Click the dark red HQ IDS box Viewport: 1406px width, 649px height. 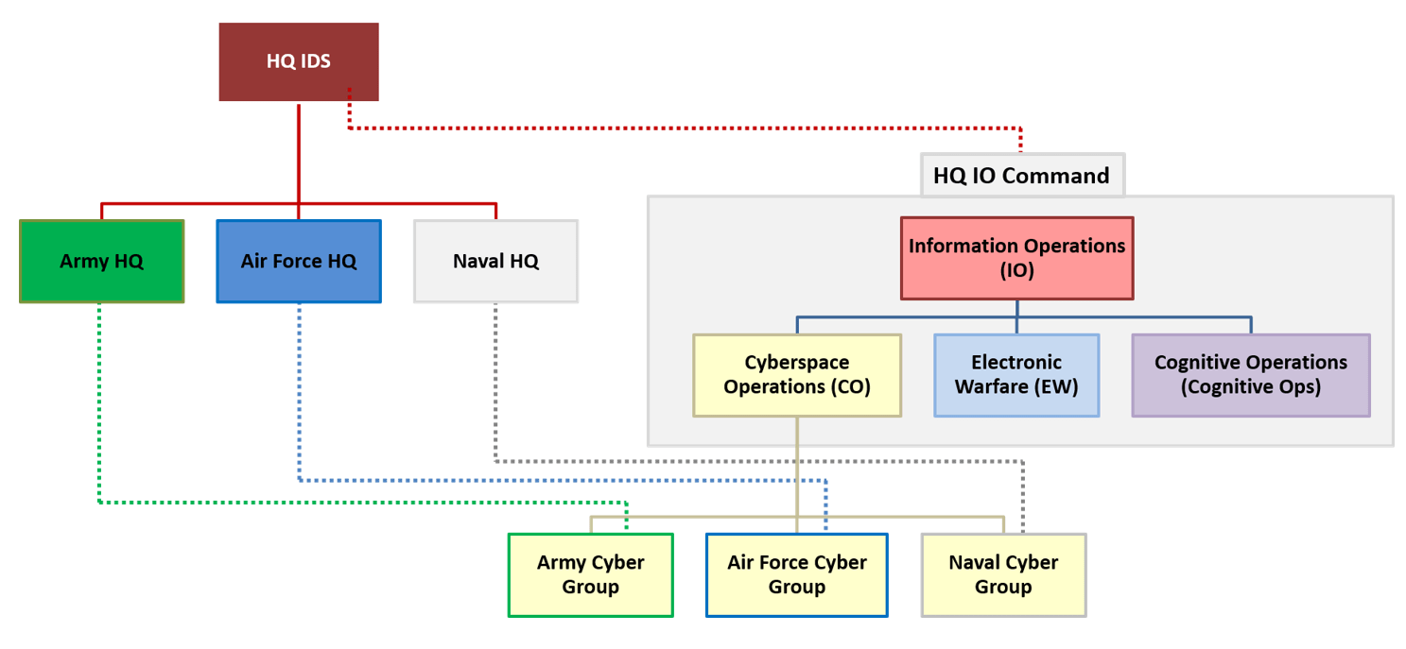[x=299, y=61]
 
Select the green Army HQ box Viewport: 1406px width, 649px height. [x=101, y=261]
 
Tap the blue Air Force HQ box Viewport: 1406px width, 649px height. [x=299, y=261]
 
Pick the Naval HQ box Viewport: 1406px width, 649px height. [x=495, y=261]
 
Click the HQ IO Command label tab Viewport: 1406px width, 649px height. [x=1021, y=176]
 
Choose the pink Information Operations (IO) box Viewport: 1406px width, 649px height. [x=1016, y=258]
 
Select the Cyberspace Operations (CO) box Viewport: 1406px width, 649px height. [x=797, y=374]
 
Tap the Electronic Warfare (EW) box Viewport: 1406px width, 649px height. [x=1016, y=374]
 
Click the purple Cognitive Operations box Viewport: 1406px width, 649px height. [x=1250, y=374]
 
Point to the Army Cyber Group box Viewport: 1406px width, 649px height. [x=590, y=574]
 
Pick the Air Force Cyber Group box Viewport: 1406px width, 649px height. [x=796, y=574]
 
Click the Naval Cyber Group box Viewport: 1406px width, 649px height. [x=1003, y=574]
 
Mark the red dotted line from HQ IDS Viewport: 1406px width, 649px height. [x=681, y=128]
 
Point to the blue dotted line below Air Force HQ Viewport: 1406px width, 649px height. [x=299, y=397]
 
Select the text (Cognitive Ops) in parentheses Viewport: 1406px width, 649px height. [x=1250, y=386]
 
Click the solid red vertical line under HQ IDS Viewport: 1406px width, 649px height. [x=299, y=151]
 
